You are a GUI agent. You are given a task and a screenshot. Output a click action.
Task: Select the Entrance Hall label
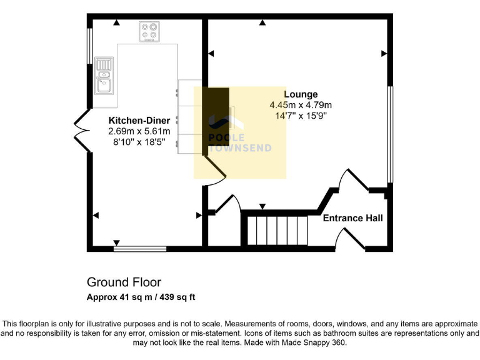352,218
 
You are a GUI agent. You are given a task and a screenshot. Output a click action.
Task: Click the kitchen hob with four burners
149,31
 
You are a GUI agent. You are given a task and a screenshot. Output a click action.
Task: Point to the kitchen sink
104,82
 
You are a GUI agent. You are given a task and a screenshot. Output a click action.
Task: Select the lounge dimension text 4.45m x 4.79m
301,105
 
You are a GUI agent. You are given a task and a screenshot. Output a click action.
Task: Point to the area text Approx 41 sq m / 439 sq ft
141,297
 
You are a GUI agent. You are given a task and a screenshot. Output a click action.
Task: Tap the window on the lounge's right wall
391,134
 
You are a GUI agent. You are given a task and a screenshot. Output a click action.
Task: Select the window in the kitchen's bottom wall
140,249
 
